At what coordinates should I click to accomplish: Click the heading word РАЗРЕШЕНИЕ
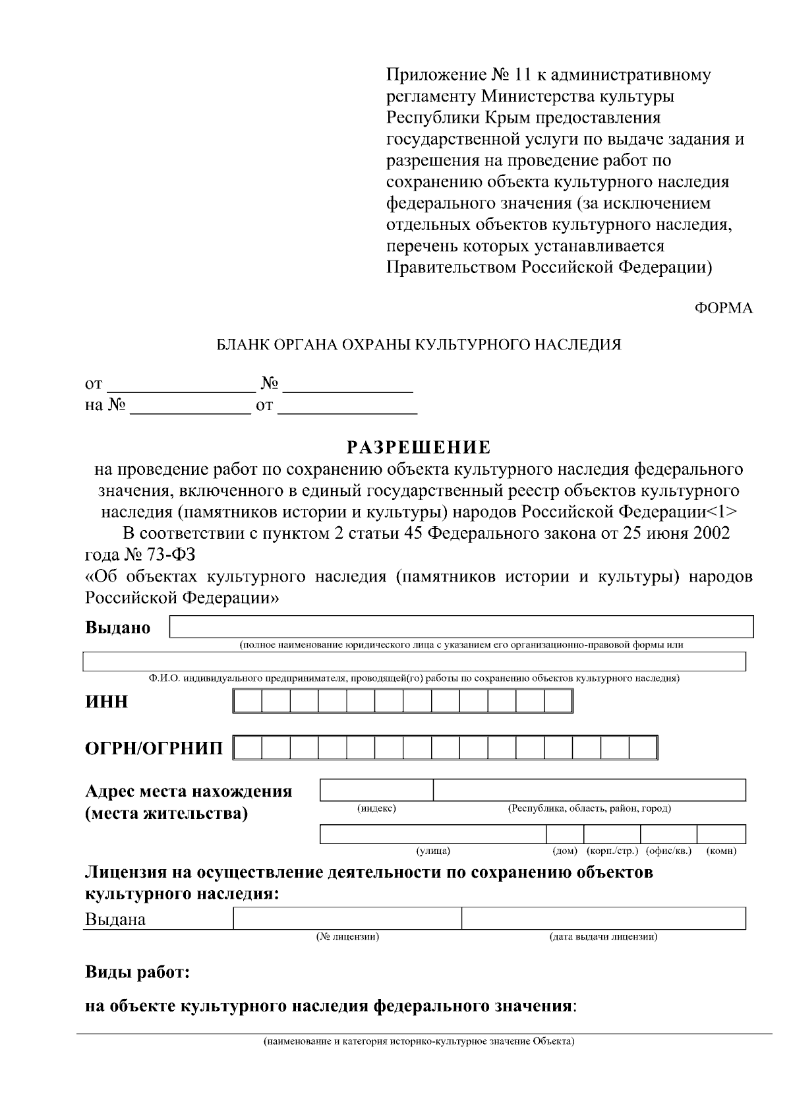point(419,448)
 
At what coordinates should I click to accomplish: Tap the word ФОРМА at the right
point(724,308)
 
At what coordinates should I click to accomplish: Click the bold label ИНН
point(107,702)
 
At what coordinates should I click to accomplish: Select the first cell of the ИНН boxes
point(247,701)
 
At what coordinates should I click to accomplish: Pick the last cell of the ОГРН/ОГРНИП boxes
point(643,748)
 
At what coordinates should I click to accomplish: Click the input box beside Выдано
point(461,626)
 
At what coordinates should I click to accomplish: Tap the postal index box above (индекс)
point(376,790)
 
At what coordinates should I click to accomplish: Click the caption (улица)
point(434,851)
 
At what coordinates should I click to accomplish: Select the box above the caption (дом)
point(565,834)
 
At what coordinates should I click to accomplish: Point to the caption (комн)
point(721,851)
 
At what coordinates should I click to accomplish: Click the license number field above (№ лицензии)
point(347,918)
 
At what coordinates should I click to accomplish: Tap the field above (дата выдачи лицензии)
point(603,918)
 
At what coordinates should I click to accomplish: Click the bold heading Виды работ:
point(138,973)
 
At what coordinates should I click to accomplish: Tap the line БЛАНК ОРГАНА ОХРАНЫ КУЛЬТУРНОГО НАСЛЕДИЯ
point(419,344)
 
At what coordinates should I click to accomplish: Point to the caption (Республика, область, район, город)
point(589,808)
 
